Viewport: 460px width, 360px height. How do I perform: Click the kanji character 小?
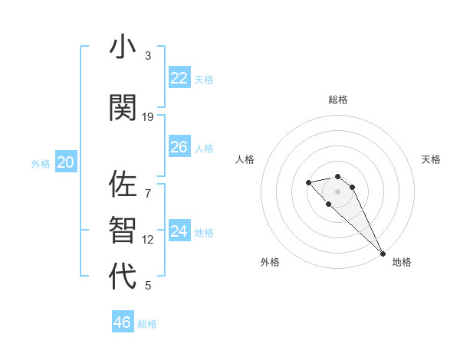tap(123, 47)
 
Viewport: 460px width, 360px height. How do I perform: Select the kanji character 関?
tap(123, 107)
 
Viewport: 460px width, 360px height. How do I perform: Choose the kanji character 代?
tap(123, 275)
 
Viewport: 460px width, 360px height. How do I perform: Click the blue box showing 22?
tap(179, 77)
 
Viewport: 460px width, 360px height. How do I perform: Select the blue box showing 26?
tap(179, 146)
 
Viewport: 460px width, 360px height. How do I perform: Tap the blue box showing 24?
tap(179, 231)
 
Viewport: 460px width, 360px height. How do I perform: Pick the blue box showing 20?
tap(65, 162)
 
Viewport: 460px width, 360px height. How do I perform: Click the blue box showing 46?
tap(122, 322)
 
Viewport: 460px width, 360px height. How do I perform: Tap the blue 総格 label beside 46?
tap(147, 324)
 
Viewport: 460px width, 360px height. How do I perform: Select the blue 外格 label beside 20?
tap(41, 163)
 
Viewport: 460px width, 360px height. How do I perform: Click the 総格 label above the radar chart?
tap(338, 100)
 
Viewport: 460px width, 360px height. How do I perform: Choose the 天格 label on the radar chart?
tap(431, 159)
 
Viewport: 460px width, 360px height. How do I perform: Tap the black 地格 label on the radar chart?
tap(402, 262)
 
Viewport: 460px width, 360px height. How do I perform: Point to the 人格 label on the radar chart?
tap(245, 159)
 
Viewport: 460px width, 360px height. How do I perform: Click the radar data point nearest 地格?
tap(383, 253)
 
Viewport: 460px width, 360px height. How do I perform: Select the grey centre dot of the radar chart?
tap(337, 191)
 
